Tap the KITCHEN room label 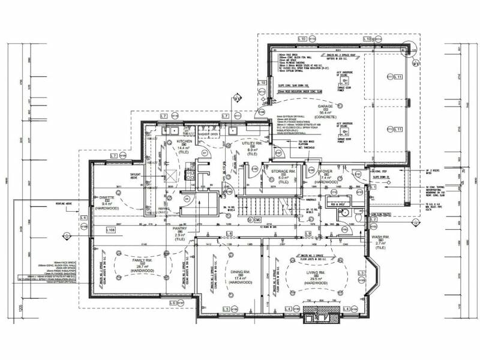tap(184, 142)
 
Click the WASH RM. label tap(380, 238)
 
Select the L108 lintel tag tap(110, 230)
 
